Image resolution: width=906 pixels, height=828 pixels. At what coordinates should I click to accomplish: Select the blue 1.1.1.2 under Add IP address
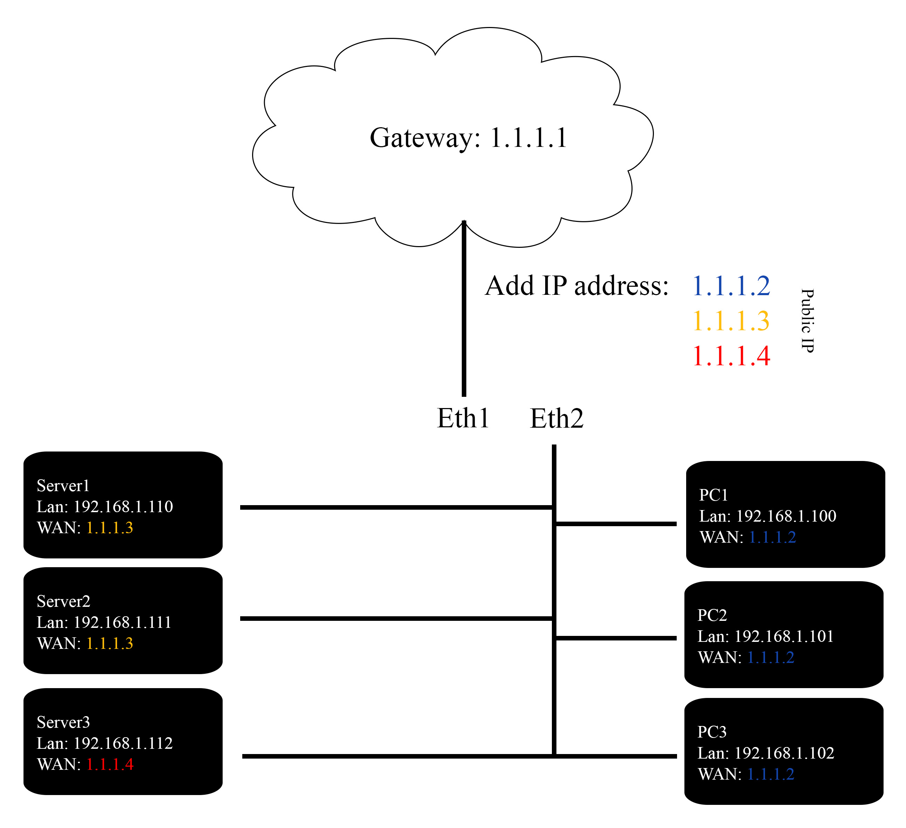[x=731, y=286]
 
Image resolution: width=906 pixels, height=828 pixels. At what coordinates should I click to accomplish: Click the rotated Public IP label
[x=807, y=321]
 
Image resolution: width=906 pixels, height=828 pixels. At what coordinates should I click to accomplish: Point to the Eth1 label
[x=463, y=419]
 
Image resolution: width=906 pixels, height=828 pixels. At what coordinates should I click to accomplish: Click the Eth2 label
[x=556, y=419]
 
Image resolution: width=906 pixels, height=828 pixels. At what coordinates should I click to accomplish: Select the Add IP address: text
[x=576, y=286]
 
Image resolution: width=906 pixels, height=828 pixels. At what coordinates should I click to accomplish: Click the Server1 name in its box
[x=63, y=486]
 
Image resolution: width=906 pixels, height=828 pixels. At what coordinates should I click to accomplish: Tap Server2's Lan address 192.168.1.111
[x=122, y=623]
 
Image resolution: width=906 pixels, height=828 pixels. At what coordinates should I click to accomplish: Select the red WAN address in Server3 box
[x=110, y=765]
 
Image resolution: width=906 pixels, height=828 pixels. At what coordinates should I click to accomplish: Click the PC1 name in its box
[x=713, y=495]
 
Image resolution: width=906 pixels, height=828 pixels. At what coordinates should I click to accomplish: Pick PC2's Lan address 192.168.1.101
[x=784, y=637]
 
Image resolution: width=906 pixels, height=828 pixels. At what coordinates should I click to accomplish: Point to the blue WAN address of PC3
[x=770, y=774]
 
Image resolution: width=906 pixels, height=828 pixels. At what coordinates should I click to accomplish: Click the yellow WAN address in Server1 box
[x=110, y=528]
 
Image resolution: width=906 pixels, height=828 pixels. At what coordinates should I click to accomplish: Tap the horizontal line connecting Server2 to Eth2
[x=395, y=619]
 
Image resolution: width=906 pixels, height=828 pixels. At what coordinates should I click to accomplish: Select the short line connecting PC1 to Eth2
[x=616, y=524]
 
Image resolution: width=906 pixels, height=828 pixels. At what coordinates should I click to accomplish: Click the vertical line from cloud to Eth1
[x=464, y=314]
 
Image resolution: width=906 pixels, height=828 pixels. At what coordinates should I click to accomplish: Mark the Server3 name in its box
[x=63, y=722]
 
